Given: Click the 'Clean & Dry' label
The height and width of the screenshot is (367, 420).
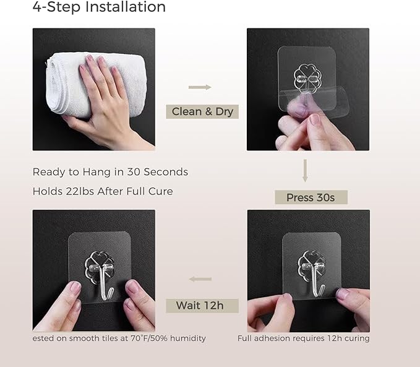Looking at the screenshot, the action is (202, 111).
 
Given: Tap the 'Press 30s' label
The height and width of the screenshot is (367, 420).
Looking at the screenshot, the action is (311, 197).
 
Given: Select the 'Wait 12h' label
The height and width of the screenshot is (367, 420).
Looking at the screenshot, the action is (202, 306).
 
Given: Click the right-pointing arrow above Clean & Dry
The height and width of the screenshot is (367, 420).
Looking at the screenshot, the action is (200, 87).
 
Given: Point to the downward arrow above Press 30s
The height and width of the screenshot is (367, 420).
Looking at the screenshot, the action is (305, 171).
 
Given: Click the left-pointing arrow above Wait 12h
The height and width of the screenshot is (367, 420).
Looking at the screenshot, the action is (200, 279).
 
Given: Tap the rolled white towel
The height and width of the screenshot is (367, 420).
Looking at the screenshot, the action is (96, 85).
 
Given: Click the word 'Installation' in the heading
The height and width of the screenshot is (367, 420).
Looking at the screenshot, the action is (126, 7).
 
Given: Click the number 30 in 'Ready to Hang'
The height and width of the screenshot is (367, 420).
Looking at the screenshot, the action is (134, 172).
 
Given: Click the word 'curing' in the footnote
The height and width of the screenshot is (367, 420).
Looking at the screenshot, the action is (357, 339).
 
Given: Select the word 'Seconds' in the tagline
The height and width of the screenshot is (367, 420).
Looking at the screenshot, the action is (166, 172).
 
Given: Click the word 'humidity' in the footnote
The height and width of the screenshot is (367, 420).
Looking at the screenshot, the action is (188, 339).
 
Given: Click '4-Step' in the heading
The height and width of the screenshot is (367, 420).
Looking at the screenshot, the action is (56, 7).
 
